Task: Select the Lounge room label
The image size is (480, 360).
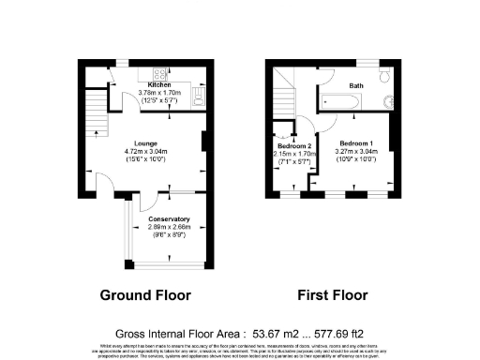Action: click(145, 143)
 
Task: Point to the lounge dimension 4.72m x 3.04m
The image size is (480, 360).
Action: click(145, 152)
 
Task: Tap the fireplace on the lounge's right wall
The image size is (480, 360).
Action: click(204, 142)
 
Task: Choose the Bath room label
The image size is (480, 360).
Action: click(356, 85)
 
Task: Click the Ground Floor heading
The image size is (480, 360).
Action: click(145, 295)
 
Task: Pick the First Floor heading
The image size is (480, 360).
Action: click(333, 295)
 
